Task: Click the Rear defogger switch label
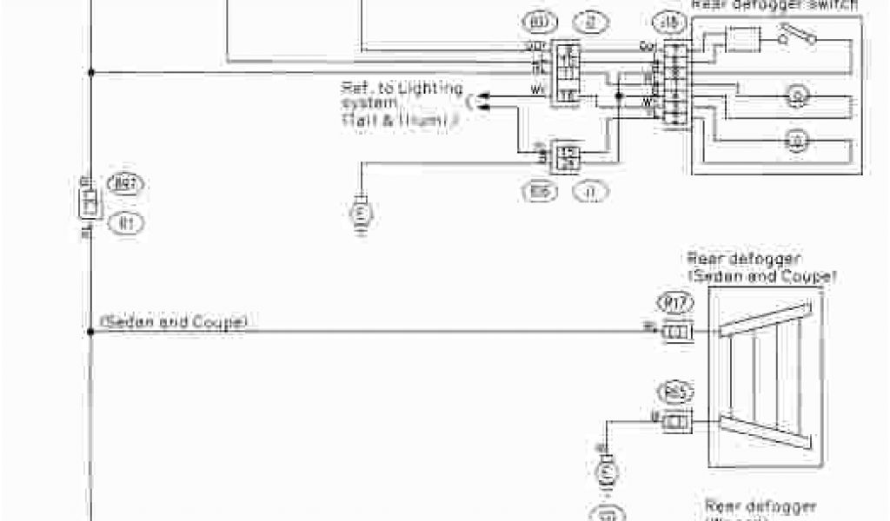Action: [774, 4]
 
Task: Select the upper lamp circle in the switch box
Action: [794, 95]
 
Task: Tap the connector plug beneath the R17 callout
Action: [677, 332]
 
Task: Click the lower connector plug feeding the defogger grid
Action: [677, 421]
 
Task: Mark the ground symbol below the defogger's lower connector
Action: [605, 472]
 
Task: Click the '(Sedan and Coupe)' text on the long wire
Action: [174, 322]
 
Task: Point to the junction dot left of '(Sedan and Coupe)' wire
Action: [90, 331]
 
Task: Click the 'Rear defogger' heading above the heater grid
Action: [744, 258]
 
